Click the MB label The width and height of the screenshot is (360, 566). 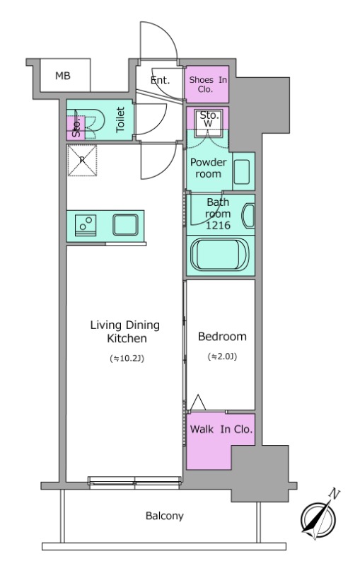(63, 76)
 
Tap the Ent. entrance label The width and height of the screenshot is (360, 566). (160, 80)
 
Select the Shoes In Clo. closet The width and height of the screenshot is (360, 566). (207, 84)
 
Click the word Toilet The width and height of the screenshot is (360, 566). (120, 119)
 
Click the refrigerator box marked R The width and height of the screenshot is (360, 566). (82, 161)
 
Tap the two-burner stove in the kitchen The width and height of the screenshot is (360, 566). (86, 225)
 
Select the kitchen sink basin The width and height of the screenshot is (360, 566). (125, 225)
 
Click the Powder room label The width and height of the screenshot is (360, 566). (209, 168)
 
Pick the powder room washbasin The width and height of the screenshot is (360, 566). (242, 172)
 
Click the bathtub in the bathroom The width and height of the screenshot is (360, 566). (220, 255)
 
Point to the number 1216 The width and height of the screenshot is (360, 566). (218, 225)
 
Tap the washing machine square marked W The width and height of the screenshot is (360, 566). (208, 123)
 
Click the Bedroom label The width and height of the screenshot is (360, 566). (222, 337)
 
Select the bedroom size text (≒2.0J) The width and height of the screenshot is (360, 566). (222, 357)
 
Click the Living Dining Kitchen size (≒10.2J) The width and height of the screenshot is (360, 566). (127, 359)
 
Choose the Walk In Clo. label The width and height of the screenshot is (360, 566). (221, 429)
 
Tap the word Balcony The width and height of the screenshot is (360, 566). (165, 516)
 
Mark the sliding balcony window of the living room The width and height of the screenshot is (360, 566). (134, 483)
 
